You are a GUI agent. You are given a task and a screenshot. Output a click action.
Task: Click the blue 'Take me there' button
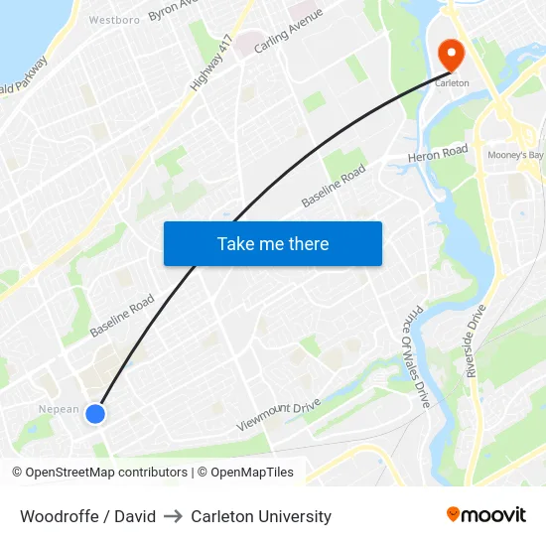272,243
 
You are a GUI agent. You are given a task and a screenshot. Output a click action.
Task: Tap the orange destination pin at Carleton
451,55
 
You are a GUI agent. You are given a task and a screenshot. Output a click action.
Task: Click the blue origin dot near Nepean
95,414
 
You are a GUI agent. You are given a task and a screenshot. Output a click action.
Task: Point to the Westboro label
113,19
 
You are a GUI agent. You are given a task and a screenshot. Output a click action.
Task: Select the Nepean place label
59,409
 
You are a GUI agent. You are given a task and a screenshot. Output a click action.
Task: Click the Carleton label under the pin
452,84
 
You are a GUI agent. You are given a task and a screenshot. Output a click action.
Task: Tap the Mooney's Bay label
515,155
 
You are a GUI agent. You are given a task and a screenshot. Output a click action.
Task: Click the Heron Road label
438,155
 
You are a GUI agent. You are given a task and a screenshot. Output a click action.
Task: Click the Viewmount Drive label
279,414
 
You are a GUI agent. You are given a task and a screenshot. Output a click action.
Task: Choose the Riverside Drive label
479,343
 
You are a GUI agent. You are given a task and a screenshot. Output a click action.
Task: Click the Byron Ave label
168,10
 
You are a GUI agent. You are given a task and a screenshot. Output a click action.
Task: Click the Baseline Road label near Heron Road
334,187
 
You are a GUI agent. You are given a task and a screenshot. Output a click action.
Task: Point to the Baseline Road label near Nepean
122,315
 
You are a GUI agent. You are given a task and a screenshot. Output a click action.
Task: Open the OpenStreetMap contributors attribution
103,473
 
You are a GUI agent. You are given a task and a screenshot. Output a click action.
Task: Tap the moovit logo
486,515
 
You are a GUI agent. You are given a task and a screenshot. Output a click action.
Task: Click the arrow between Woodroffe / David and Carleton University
174,516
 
